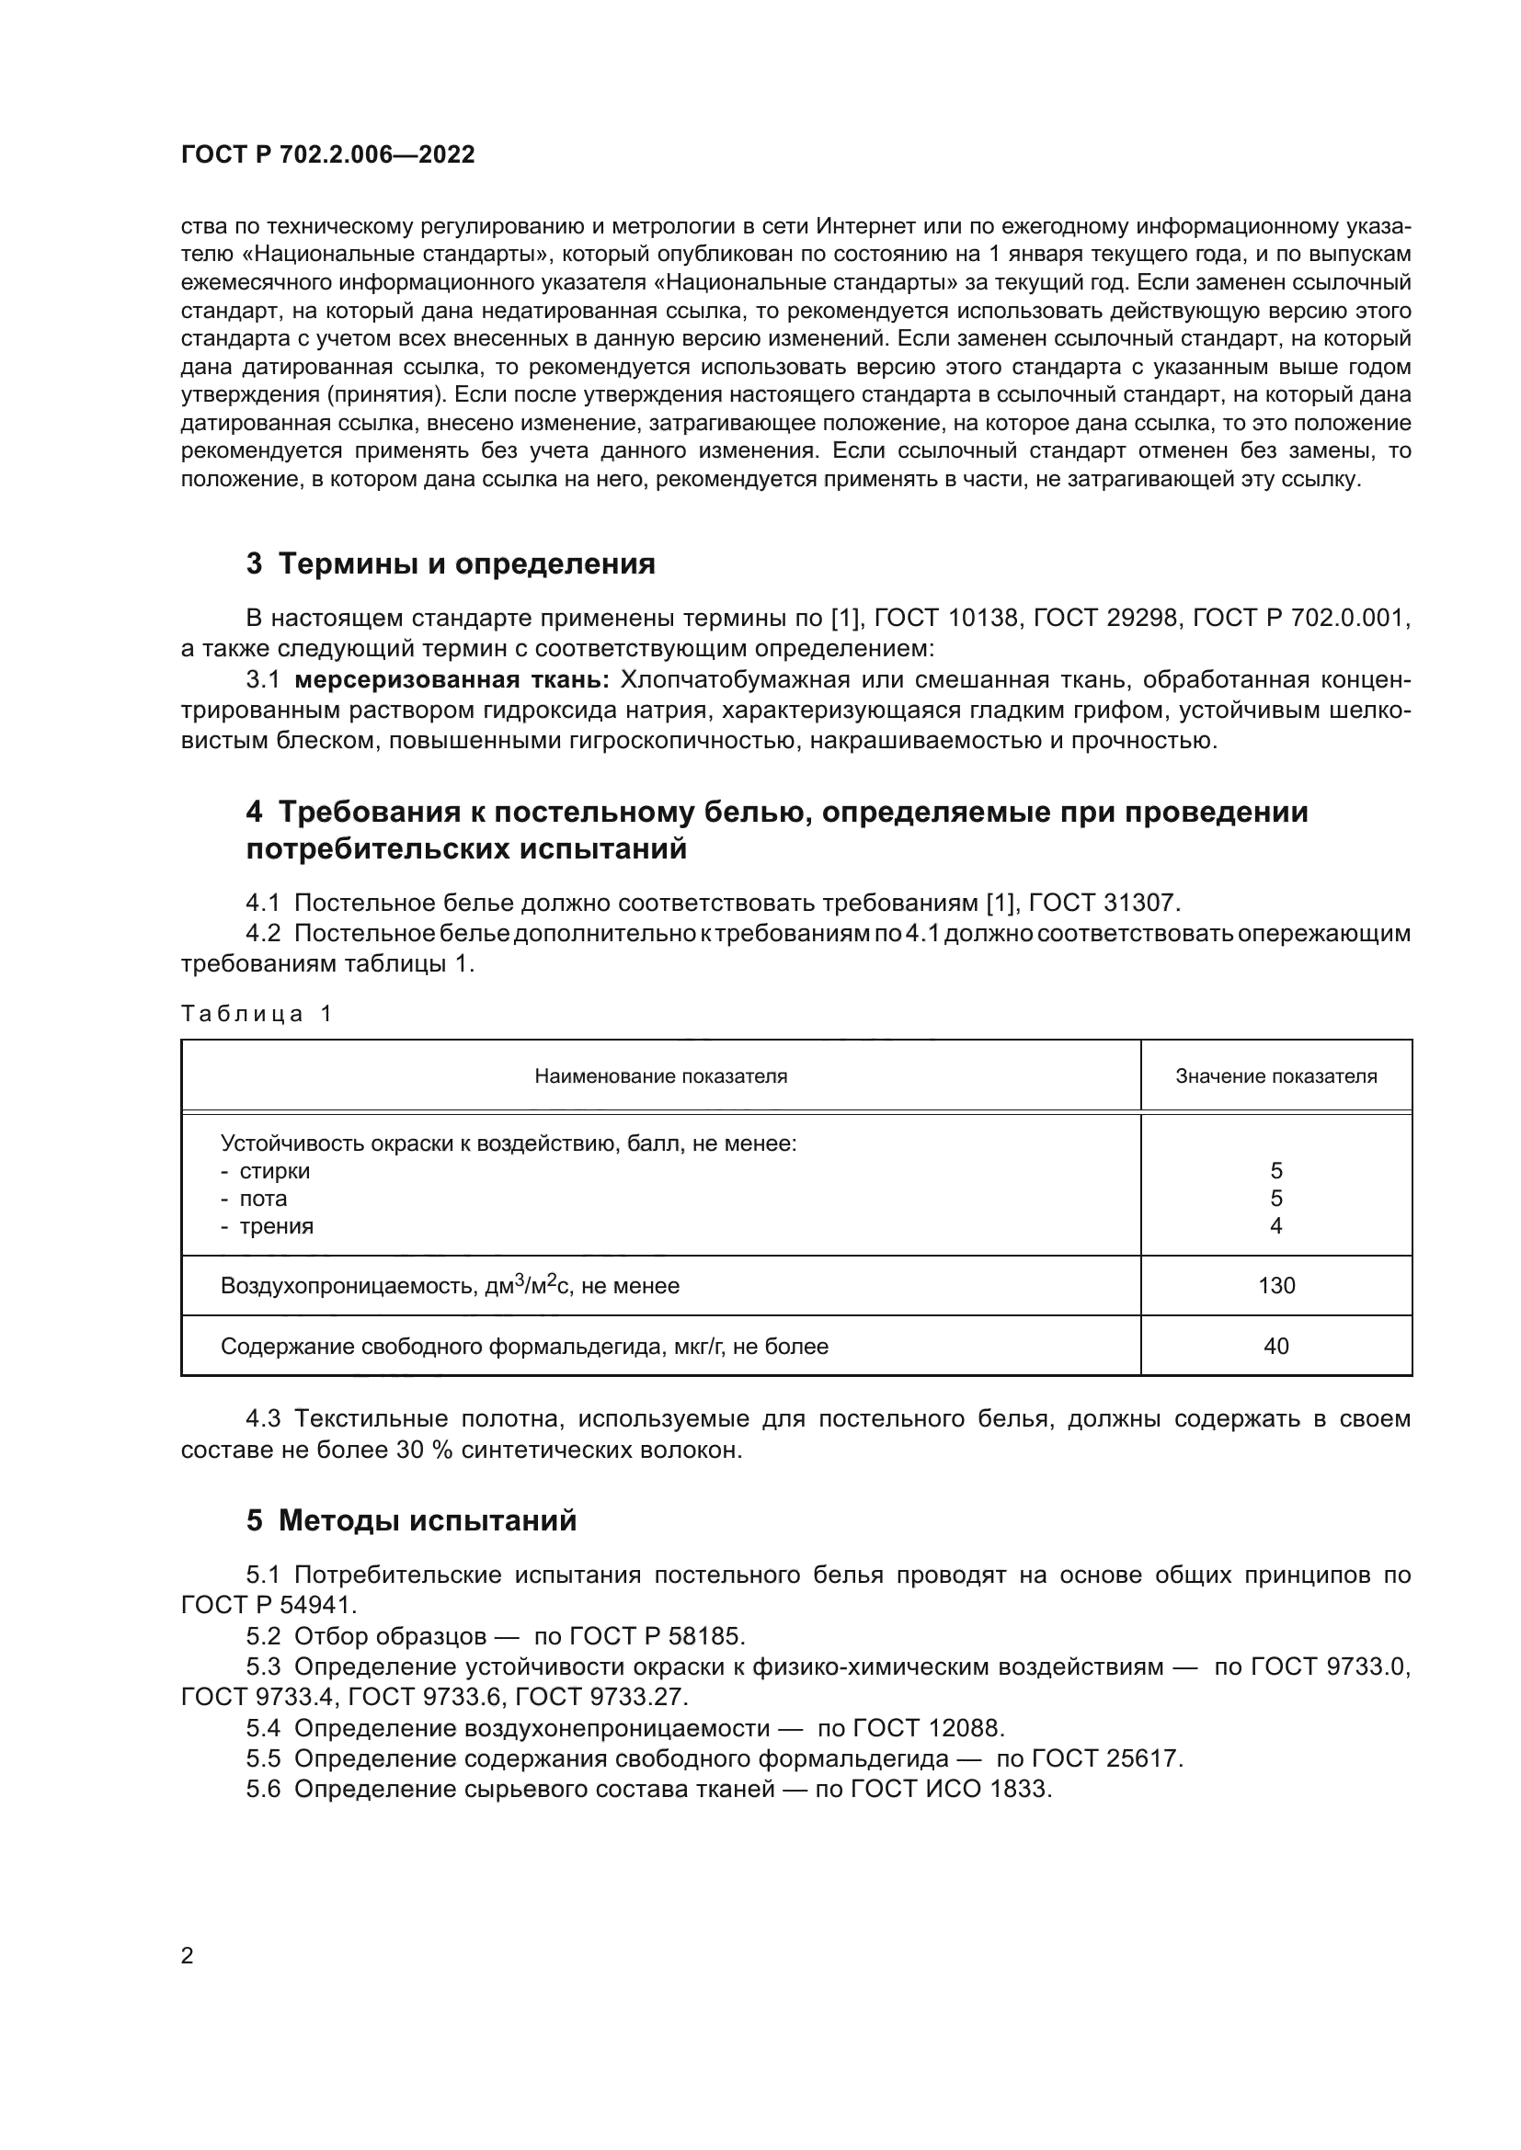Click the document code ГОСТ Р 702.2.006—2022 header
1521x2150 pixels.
[327, 154]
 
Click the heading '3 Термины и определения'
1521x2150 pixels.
[451, 563]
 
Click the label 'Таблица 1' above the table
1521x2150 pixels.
[257, 1013]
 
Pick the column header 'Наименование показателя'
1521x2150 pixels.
[660, 1076]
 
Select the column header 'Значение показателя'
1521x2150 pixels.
[1275, 1076]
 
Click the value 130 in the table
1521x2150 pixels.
[1275, 1286]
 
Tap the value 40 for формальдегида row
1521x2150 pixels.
[1275, 1347]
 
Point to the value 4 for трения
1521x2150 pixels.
[1275, 1226]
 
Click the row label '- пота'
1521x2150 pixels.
[254, 1199]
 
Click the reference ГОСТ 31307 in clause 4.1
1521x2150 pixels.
[1104, 904]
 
